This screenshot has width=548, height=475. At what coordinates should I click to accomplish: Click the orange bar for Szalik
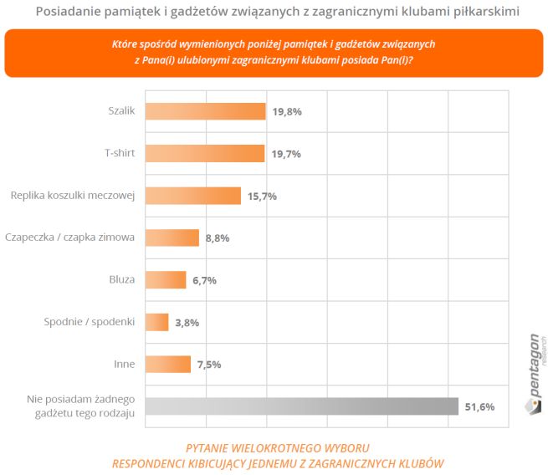coord(205,112)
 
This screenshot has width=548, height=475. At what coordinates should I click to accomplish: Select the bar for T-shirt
coord(205,154)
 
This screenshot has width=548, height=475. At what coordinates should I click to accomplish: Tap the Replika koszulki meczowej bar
coord(193,196)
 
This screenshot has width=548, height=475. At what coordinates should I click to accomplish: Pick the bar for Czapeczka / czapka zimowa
coord(172,238)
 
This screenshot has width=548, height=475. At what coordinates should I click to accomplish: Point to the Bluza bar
coord(166,280)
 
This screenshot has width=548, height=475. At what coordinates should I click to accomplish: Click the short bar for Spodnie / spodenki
coord(157,322)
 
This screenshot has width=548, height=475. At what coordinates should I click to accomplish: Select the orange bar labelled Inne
coord(167,365)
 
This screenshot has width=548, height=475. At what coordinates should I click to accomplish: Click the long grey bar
coord(301,406)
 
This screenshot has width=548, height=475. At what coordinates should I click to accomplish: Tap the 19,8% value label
coord(286,112)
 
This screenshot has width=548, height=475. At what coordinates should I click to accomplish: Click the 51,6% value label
coord(479,407)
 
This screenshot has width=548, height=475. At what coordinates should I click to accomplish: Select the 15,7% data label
coord(262,197)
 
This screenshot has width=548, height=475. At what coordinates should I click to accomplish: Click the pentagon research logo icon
coord(533,405)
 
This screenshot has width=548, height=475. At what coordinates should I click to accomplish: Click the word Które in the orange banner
coord(125,43)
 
